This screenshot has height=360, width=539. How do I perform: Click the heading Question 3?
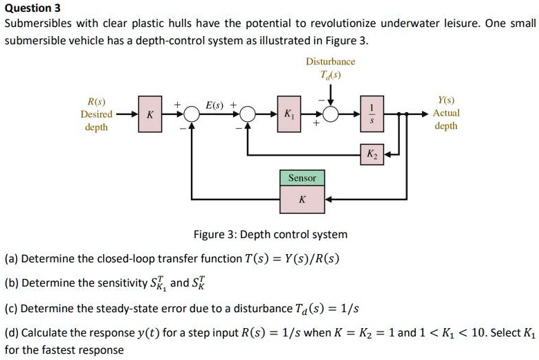coord(32,8)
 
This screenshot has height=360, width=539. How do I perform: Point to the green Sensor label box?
coord(302,179)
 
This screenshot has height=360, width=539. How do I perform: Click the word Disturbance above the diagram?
coord(330,62)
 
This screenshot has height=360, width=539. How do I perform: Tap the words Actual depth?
coord(446,119)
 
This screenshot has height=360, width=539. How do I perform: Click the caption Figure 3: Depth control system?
coord(271,234)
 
